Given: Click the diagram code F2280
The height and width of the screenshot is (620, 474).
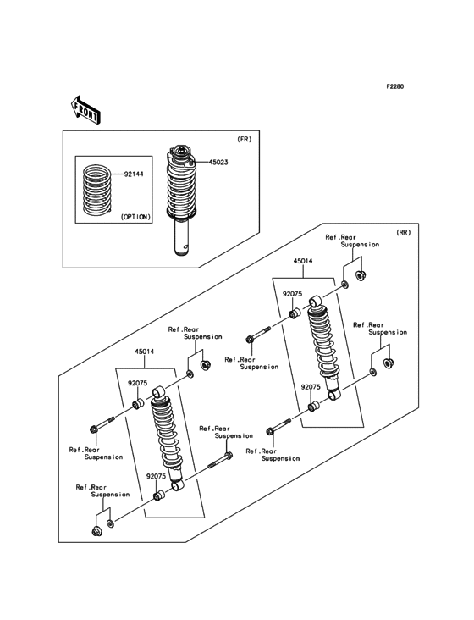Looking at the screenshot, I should tap(395, 87).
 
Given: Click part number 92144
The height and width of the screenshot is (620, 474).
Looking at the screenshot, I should tap(135, 174).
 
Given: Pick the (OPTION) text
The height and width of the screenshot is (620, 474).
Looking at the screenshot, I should tap(135, 217).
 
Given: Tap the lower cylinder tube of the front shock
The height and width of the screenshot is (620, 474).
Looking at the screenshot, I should tap(181, 236).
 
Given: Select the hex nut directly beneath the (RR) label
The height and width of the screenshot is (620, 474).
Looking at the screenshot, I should tap(360, 275).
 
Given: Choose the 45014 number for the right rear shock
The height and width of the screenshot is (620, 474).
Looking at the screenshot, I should tap(302, 262).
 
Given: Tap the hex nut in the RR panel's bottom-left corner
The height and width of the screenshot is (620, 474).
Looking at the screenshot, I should tap(96, 532).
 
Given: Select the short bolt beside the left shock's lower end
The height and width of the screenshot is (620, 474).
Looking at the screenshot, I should tap(219, 460).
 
